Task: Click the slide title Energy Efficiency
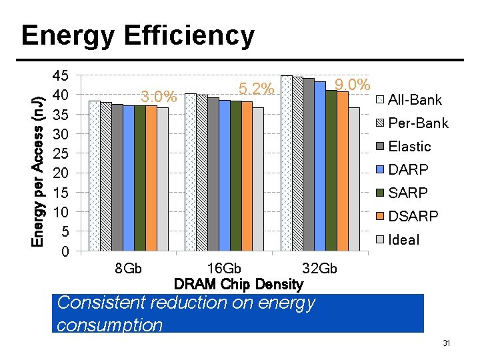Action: pos(137,35)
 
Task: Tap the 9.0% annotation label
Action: pos(353,85)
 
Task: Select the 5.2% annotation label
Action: pos(257,89)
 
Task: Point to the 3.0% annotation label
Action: pos(159,97)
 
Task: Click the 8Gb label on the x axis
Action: pos(129,269)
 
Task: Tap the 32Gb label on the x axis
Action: pos(320,269)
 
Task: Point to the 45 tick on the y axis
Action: pos(61,75)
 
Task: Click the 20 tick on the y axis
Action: pos(61,173)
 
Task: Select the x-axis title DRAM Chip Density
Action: pos(238,285)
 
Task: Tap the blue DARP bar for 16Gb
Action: pos(224,176)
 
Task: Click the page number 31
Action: pos(447,343)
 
